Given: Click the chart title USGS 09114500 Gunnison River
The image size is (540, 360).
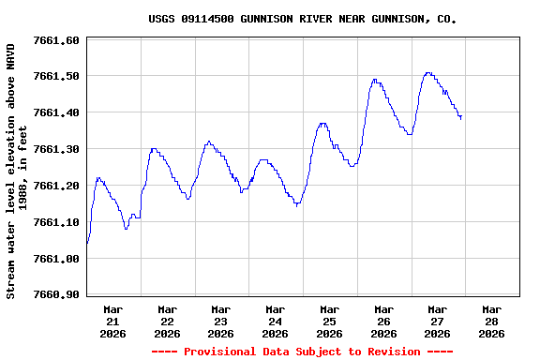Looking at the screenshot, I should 303,19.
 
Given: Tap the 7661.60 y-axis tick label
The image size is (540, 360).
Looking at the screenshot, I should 56,40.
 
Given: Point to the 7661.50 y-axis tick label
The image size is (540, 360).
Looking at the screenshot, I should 56,76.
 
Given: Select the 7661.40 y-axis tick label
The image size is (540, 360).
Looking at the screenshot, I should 56,112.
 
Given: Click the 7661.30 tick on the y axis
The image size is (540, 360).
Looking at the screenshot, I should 56,149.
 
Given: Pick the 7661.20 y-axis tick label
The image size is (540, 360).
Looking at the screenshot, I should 56,186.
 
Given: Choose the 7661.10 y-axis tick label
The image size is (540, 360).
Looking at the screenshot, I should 56,222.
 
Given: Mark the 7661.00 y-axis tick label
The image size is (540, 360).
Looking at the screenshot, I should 56,259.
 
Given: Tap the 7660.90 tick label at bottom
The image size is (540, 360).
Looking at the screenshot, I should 56,294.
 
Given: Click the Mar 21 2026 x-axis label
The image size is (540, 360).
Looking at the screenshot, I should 113,321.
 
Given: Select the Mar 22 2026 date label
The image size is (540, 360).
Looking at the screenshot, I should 167,321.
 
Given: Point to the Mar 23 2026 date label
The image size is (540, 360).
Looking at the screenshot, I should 221,321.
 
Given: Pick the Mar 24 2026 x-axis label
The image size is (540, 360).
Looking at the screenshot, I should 276,321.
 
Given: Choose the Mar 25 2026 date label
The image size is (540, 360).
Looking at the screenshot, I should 329,321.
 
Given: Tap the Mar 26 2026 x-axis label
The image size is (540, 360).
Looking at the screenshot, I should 383,321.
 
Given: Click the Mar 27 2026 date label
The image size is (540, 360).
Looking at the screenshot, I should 437,321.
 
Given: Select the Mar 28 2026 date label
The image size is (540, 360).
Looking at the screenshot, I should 491,321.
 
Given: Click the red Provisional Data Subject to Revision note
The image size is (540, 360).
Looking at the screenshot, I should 302,352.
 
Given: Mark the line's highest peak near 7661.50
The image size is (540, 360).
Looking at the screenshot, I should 427,72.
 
